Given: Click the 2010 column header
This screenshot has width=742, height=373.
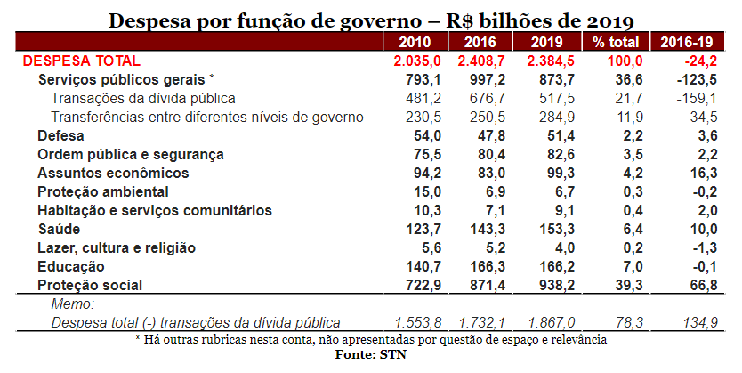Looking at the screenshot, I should click(x=415, y=42).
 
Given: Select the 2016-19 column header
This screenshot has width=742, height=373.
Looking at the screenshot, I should click(x=684, y=42).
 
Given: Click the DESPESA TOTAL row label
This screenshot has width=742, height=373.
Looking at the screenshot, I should click(x=81, y=61).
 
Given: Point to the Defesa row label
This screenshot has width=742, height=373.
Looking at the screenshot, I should click(x=60, y=135).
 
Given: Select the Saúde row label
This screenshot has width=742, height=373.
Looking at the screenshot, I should click(x=58, y=230).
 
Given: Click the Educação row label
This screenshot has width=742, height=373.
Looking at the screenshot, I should click(x=71, y=267).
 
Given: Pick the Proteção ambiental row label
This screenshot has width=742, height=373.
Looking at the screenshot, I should click(x=102, y=191).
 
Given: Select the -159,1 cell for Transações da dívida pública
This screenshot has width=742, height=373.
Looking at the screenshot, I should click(x=691, y=98).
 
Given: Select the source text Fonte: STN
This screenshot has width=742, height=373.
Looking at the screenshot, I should click(x=371, y=354).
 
